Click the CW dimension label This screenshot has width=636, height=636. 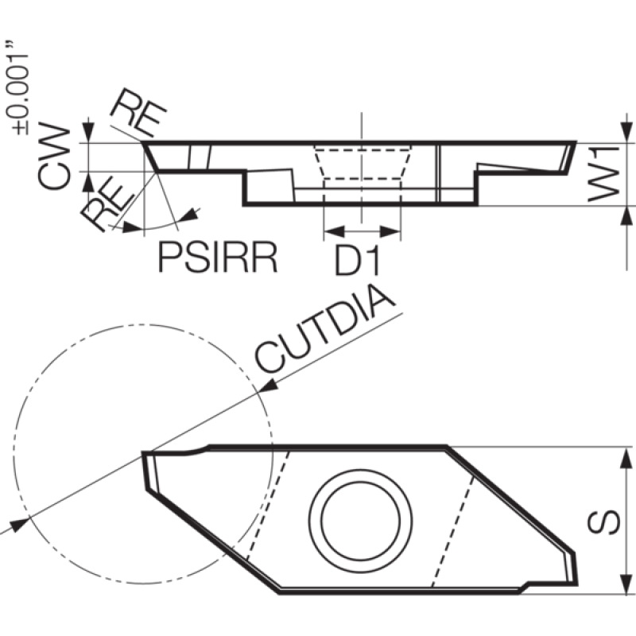pos(53,155)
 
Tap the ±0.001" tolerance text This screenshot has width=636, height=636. pos(17,87)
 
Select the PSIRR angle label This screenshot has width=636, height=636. pos(218,257)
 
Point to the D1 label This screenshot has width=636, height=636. pos(358,262)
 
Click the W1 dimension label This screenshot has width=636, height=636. pos(603,174)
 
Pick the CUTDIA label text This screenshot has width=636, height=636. pos(324,329)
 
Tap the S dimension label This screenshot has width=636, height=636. pos(603,522)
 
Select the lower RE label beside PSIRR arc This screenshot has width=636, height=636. pos(107,206)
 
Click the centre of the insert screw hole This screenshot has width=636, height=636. pos(361,522)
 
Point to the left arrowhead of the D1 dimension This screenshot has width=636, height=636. pos(334,232)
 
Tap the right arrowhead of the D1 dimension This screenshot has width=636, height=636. pos(390,232)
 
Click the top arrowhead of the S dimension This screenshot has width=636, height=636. pos(626,459)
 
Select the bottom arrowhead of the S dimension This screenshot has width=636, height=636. pos(626,584)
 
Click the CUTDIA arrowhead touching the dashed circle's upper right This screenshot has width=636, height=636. pos(268,386)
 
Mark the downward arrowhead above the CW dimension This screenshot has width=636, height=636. pos(88,131)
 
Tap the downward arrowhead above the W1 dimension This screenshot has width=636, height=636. pos(626,131)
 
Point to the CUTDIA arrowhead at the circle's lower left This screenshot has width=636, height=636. pos(19,525)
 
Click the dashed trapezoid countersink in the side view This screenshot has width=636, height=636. pos(363,163)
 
